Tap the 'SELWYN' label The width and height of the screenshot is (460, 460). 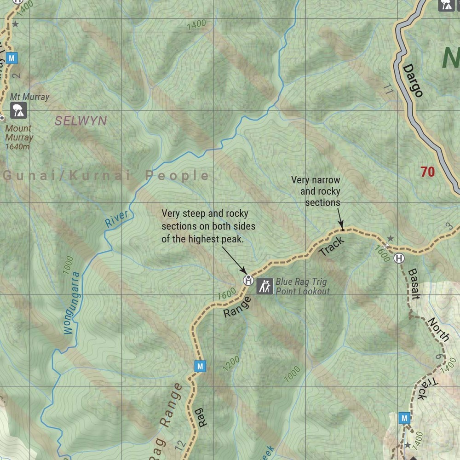coord(80,121)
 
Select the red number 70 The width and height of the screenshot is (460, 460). coord(427,172)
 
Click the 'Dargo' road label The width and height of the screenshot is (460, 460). coord(413,80)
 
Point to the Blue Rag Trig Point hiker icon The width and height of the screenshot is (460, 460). coord(264,286)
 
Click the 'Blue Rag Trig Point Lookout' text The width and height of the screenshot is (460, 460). coord(303,286)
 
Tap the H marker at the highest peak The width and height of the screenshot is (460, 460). coord(248,279)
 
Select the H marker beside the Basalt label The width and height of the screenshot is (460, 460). coord(399,258)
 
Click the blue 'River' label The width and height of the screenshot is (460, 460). coord(116,219)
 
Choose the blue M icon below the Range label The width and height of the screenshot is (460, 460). coord(200,366)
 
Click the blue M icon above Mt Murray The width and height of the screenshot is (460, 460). coord(12,58)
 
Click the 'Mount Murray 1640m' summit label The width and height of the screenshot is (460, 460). coord(19,137)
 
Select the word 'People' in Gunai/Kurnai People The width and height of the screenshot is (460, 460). coord(177,175)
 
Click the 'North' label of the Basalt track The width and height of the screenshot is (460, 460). coord(438,329)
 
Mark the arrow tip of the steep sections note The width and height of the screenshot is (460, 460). coord(245,275)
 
